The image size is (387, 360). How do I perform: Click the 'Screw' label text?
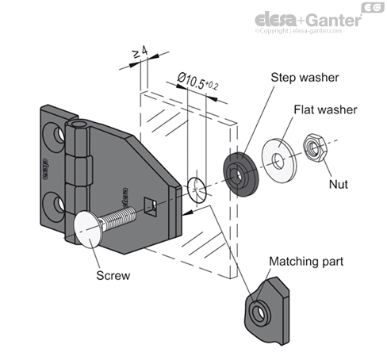pyautogui.click(x=111, y=277)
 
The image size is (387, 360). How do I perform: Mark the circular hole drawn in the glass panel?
pyautogui.click(x=197, y=190)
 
